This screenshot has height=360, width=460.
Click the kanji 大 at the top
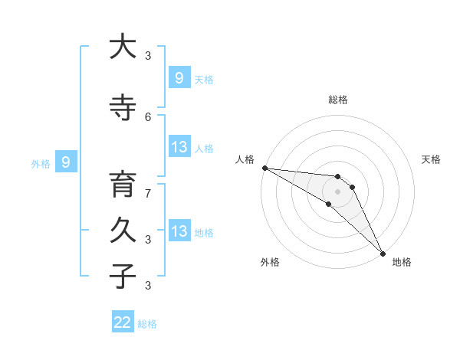click(123, 48)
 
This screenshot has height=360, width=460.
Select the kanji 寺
click(123, 108)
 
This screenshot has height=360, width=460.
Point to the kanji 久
click(123, 231)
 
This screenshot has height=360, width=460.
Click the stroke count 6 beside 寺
click(148, 116)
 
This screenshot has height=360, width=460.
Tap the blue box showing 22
click(123, 322)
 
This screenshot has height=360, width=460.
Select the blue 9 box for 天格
click(179, 77)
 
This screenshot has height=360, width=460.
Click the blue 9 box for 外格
click(66, 162)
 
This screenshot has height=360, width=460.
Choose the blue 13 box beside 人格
click(179, 146)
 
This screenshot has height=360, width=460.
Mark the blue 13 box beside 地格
click(179, 231)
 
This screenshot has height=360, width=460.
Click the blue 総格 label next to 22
click(147, 324)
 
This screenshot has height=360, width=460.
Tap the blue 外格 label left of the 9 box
click(41, 163)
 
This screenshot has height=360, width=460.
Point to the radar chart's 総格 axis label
click(337, 100)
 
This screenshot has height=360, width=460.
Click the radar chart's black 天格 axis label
click(431, 159)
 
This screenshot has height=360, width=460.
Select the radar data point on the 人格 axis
click(264, 168)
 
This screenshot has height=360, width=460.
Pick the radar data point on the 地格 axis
click(383, 253)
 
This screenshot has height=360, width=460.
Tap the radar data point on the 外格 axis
click(329, 204)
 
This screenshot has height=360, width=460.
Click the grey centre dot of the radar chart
click(337, 191)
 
